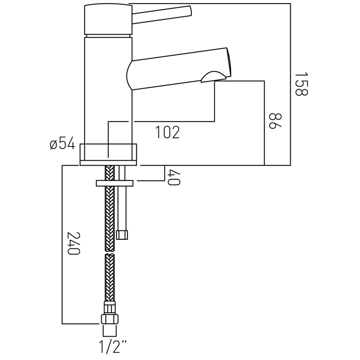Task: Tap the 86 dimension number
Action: click(x=275, y=121)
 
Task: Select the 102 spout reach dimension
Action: click(x=167, y=132)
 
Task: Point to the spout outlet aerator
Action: click(x=213, y=76)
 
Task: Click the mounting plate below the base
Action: click(x=114, y=183)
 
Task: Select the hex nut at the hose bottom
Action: click(x=110, y=319)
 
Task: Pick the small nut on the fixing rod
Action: click(x=122, y=234)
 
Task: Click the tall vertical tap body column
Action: click(x=108, y=90)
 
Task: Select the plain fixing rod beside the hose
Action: click(x=122, y=207)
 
